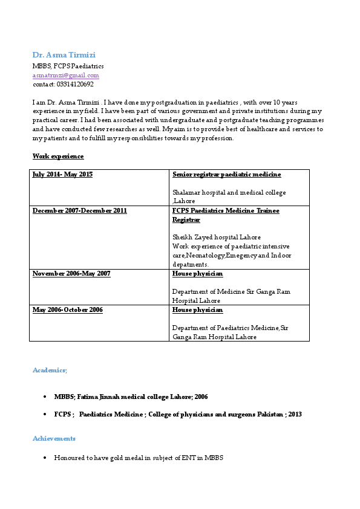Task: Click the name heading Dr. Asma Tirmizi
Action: (x=64, y=55)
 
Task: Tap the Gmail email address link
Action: (x=65, y=76)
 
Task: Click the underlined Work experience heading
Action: (x=57, y=156)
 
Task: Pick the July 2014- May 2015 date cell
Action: (x=62, y=175)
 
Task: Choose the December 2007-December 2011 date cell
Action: (x=79, y=211)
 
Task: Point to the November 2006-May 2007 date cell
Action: (x=71, y=274)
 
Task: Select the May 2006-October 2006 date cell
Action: (x=67, y=310)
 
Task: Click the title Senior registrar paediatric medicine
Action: (x=226, y=175)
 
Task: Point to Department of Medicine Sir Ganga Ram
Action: (x=231, y=292)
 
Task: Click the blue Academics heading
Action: (x=50, y=369)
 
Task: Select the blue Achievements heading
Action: (x=54, y=438)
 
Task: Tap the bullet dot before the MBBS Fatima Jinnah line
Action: (x=45, y=397)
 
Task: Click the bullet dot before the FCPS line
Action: (x=45, y=415)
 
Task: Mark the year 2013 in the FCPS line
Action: (x=295, y=415)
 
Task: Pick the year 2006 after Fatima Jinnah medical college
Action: (x=201, y=397)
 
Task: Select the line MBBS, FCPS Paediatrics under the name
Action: (x=68, y=66)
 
